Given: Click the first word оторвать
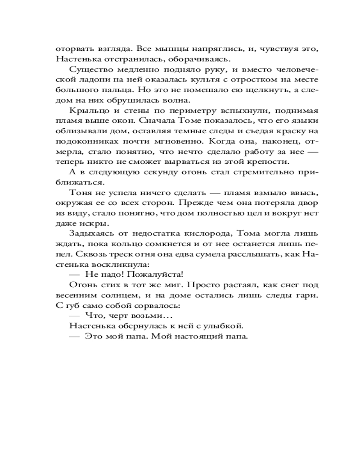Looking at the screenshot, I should [x=72, y=49].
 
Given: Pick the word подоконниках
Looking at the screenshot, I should [x=80, y=141].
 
